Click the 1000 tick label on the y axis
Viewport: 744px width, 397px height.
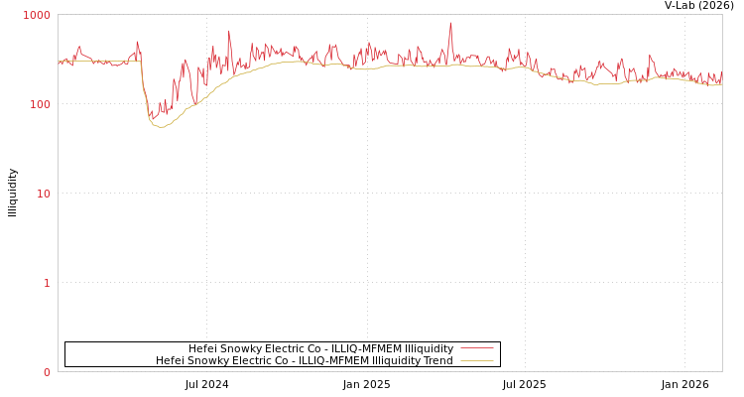pyautogui.click(x=37, y=15)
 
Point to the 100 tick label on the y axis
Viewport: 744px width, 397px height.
pyautogui.click(x=39, y=104)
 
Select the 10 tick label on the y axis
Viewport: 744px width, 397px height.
pyautogui.click(x=43, y=194)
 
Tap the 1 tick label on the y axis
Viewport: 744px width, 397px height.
pyautogui.click(x=46, y=283)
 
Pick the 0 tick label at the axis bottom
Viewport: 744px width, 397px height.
pyautogui.click(x=46, y=372)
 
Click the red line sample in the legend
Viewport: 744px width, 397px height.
pyautogui.click(x=476, y=349)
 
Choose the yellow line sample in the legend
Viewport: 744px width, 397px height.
pyautogui.click(x=476, y=361)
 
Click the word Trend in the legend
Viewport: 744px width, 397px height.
pyautogui.click(x=436, y=361)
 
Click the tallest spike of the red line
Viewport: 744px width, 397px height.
pyautogui.click(x=450, y=23)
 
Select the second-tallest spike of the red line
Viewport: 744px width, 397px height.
pyautogui.click(x=229, y=31)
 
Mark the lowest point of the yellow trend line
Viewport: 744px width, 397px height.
pyautogui.click(x=160, y=127)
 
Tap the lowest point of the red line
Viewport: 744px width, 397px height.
pyautogui.click(x=151, y=121)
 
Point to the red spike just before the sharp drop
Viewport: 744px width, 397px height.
pyautogui.click(x=137, y=42)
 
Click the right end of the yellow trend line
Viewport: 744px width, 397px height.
pyautogui.click(x=721, y=84)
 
